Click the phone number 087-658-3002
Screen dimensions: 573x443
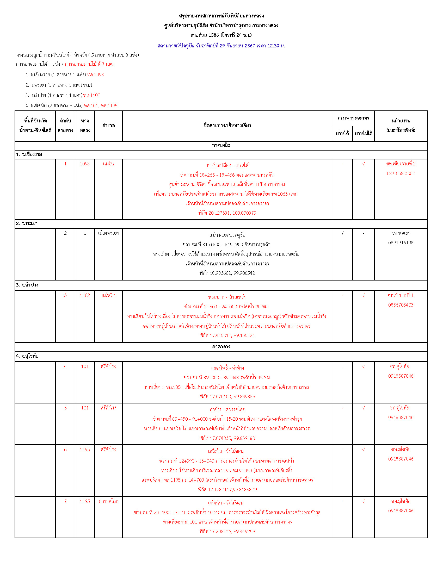401,173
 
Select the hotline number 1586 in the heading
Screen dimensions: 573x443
214,35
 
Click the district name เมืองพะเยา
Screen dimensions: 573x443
108,233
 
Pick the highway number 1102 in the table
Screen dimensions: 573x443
85,295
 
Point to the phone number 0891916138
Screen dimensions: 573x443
401,243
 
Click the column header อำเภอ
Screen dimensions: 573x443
108,126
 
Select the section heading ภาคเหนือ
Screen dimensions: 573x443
221,145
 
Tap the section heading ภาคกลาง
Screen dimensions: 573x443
221,347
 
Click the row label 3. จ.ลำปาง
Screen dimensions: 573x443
27,285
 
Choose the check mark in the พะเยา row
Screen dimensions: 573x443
342,233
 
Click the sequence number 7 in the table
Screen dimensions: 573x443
65,501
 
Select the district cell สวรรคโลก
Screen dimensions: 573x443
108,501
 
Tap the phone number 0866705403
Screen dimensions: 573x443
401,305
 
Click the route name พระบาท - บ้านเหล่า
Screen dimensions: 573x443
227,297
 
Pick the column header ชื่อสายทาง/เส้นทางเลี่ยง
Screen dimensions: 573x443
227,126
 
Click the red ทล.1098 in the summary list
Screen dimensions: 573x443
95,75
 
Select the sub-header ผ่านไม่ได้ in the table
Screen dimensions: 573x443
363,133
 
